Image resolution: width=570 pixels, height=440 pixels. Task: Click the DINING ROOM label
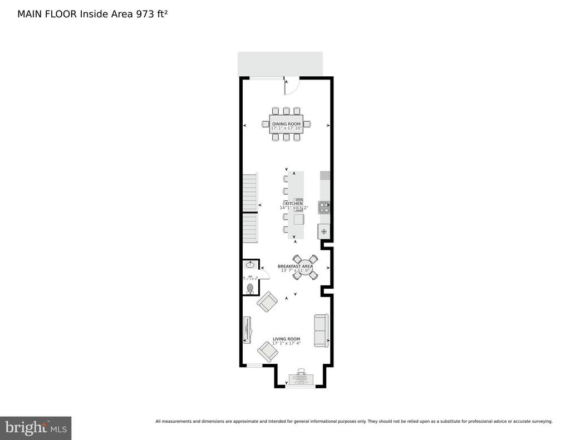pyautogui.click(x=286, y=123)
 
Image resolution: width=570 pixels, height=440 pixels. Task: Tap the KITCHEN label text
pyautogui.click(x=294, y=204)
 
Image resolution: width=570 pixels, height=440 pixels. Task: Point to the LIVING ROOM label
pyautogui.click(x=286, y=339)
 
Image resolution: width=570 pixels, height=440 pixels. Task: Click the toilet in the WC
pyautogui.click(x=250, y=289)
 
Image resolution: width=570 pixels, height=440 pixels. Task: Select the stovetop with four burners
pyautogui.click(x=324, y=207)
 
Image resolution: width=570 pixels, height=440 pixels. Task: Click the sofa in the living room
pyautogui.click(x=321, y=330)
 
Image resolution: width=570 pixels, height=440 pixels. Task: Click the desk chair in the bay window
pyautogui.click(x=301, y=371)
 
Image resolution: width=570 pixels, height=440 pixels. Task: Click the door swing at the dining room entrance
pyautogui.click(x=292, y=86)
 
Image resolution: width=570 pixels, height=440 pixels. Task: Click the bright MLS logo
pyautogui.click(x=36, y=428)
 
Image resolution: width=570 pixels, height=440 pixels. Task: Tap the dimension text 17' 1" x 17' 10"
pyautogui.click(x=286, y=128)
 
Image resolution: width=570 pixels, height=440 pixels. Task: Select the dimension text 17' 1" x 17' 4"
pyautogui.click(x=286, y=343)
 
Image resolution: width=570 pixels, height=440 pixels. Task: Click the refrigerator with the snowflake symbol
pyautogui.click(x=324, y=231)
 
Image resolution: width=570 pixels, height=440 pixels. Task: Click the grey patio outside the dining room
pyautogui.click(x=280, y=64)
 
